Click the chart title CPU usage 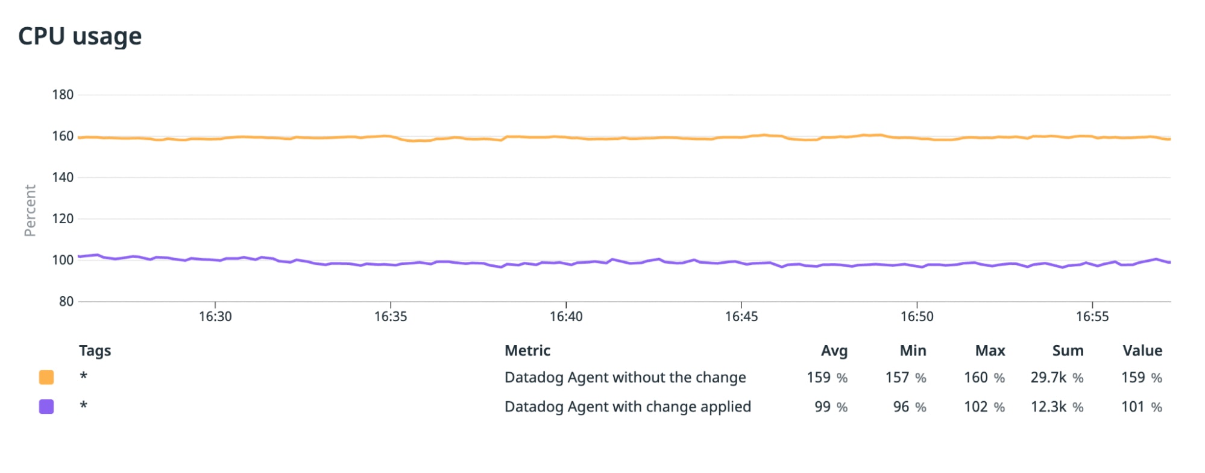tap(80, 36)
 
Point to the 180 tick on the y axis tap(63, 95)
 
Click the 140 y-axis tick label tap(63, 177)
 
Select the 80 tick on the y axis tap(66, 302)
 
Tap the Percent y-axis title tap(30, 211)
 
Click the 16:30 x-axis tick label tap(215, 317)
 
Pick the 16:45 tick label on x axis tap(741, 317)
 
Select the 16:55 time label tap(1092, 317)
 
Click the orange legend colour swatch tap(46, 378)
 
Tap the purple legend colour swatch tap(46, 407)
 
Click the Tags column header tap(95, 351)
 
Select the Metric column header tap(527, 351)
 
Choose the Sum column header tap(1068, 351)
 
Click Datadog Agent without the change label tap(625, 378)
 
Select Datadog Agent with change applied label tap(628, 407)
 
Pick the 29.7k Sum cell tap(1057, 378)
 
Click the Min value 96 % tap(909, 407)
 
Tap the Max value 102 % tap(984, 407)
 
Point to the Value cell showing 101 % tap(1141, 407)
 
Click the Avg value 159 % tap(827, 378)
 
